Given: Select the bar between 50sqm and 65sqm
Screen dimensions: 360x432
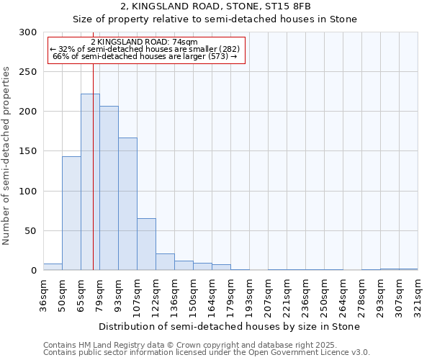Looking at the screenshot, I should point(71,213).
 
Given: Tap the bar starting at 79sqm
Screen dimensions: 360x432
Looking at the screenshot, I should point(109,188).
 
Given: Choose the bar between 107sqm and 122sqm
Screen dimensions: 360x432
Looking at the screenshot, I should point(146,244).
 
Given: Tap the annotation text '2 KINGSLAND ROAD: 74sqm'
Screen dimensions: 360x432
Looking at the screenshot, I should point(144,42).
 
